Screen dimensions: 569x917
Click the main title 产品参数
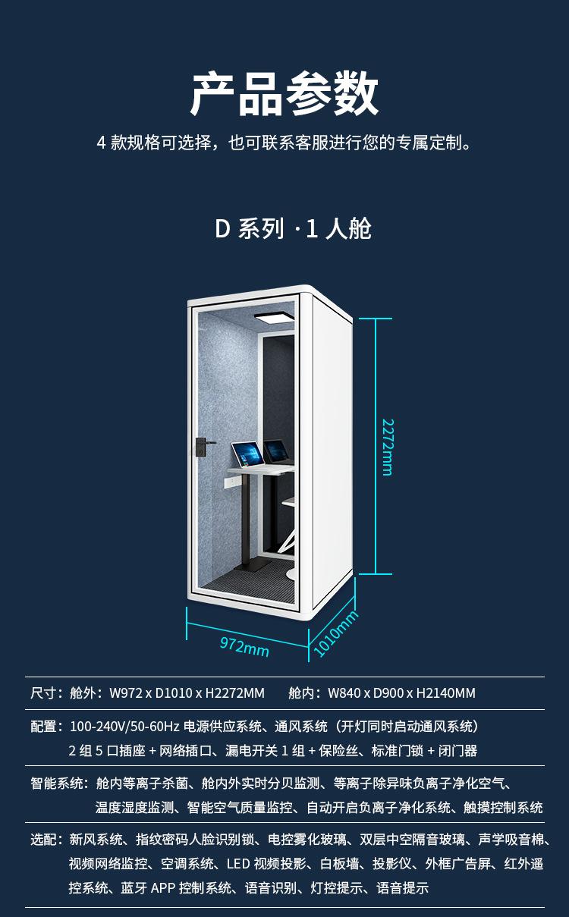(284, 94)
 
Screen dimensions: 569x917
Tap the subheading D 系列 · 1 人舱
(293, 228)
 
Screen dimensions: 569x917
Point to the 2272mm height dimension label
(387, 447)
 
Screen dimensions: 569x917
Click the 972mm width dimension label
(244, 647)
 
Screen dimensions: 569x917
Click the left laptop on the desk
(247, 455)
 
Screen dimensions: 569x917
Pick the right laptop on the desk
(278, 452)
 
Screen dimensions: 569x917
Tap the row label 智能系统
(58, 784)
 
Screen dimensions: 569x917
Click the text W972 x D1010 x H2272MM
(187, 692)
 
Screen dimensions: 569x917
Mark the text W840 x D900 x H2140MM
(401, 692)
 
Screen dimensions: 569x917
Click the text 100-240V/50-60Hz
(124, 727)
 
